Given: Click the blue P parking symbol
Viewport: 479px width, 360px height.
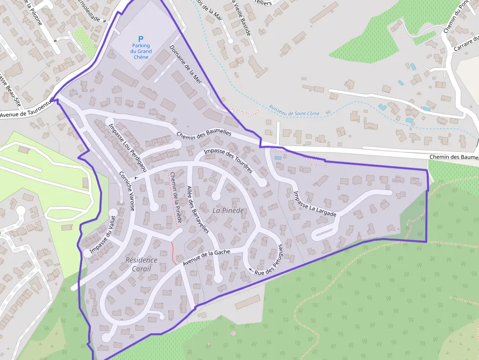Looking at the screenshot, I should [x=141, y=39].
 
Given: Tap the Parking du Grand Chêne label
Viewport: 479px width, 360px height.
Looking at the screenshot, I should [x=141, y=51].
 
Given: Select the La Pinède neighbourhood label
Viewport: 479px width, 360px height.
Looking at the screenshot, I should [x=228, y=210].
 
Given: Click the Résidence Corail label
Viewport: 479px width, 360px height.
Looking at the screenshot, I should [x=141, y=264].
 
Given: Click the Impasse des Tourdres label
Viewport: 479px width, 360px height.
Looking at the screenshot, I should [x=228, y=161].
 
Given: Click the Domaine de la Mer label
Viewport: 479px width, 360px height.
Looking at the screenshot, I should [x=185, y=63].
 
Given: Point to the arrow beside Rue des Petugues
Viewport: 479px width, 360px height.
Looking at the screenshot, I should [x=251, y=270].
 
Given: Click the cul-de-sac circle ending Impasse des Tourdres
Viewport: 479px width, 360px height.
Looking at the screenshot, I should [x=262, y=183].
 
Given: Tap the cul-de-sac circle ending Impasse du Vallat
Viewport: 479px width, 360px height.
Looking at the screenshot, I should [x=87, y=253].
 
